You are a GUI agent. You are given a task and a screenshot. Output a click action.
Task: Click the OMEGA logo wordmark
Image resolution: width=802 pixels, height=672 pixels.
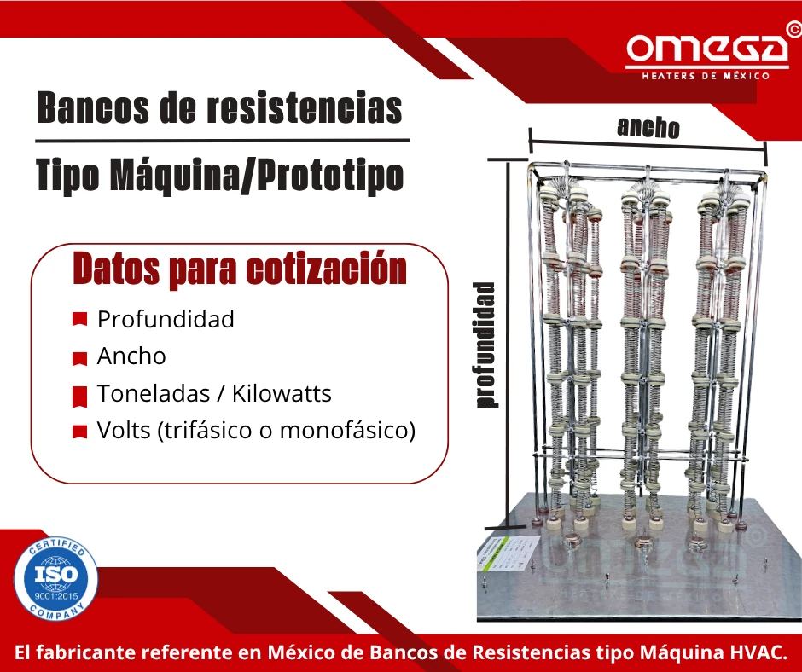click(706, 50)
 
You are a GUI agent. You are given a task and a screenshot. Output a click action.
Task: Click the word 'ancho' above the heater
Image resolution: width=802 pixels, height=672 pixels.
click(648, 127)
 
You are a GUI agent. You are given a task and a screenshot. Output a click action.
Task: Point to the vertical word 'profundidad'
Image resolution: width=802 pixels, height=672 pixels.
click(485, 345)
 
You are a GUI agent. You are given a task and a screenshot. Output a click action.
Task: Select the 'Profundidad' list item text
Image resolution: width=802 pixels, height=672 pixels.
click(166, 319)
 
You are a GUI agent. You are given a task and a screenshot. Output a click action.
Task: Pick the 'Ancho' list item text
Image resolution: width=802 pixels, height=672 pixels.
click(131, 356)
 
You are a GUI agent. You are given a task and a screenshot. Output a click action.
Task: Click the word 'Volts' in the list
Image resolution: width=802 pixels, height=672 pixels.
click(124, 431)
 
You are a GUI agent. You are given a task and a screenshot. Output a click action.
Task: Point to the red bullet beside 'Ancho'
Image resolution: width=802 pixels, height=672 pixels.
click(80, 358)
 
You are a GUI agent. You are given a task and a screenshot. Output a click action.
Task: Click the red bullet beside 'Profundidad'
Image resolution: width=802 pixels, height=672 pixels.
click(80, 320)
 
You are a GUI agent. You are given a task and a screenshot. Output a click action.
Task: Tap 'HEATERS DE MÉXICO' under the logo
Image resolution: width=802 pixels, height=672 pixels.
click(706, 75)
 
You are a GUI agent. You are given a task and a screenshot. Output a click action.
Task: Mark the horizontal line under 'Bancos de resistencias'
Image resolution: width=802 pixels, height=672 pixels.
click(222, 140)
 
